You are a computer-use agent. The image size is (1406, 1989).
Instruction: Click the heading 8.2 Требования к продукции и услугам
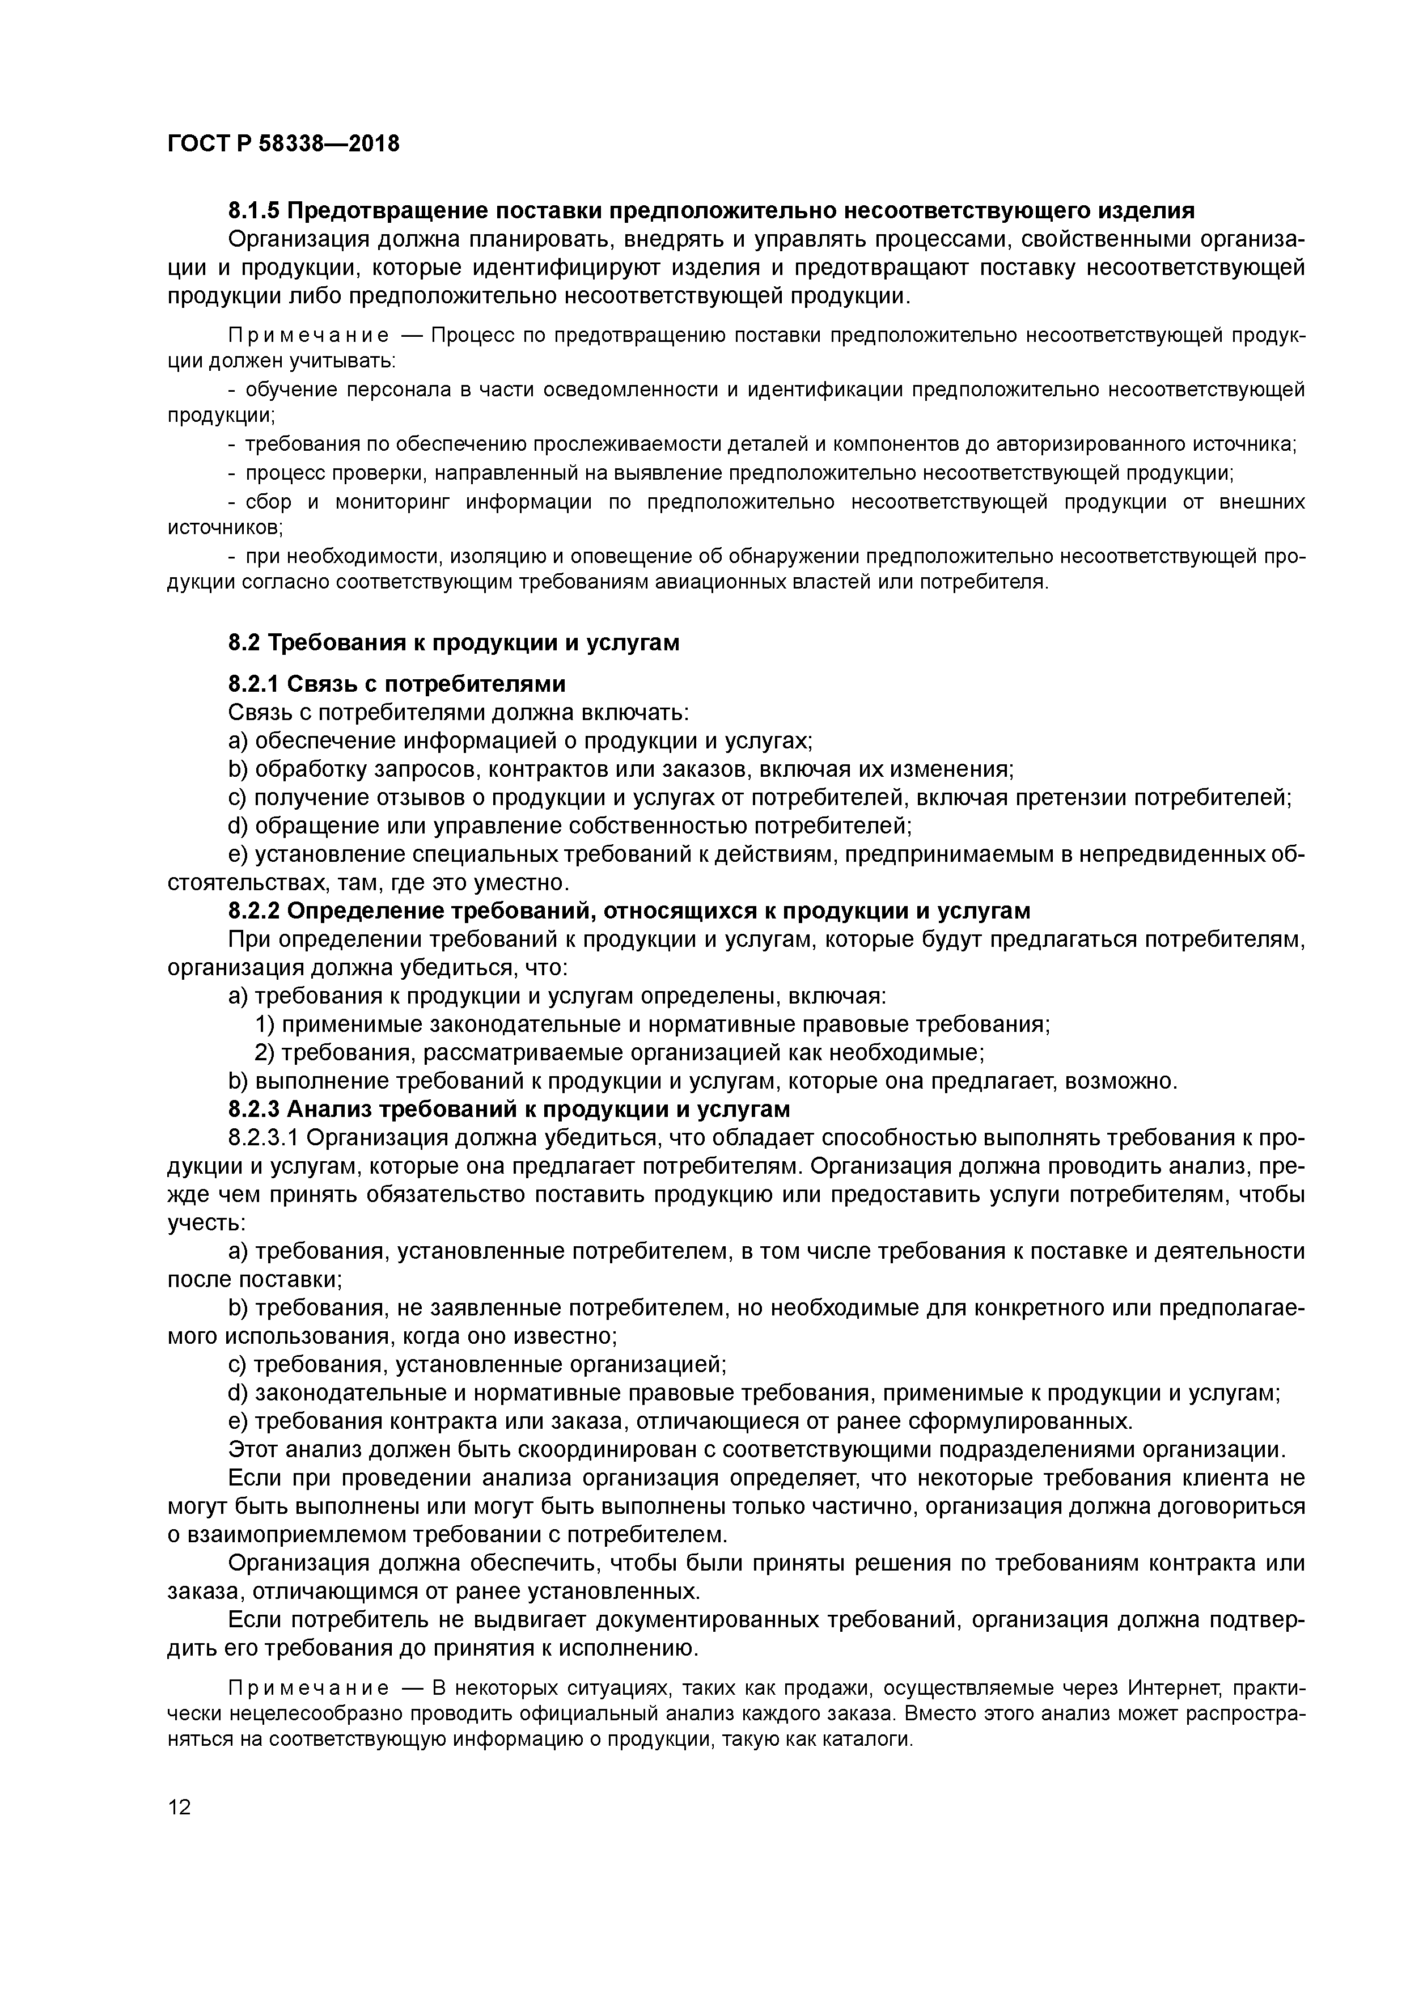(453, 643)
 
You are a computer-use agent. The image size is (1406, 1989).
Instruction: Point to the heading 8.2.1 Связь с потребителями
(397, 684)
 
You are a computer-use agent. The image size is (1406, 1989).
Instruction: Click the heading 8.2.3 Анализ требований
(509, 1109)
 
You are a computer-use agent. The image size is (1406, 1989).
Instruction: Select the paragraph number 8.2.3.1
(264, 1137)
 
